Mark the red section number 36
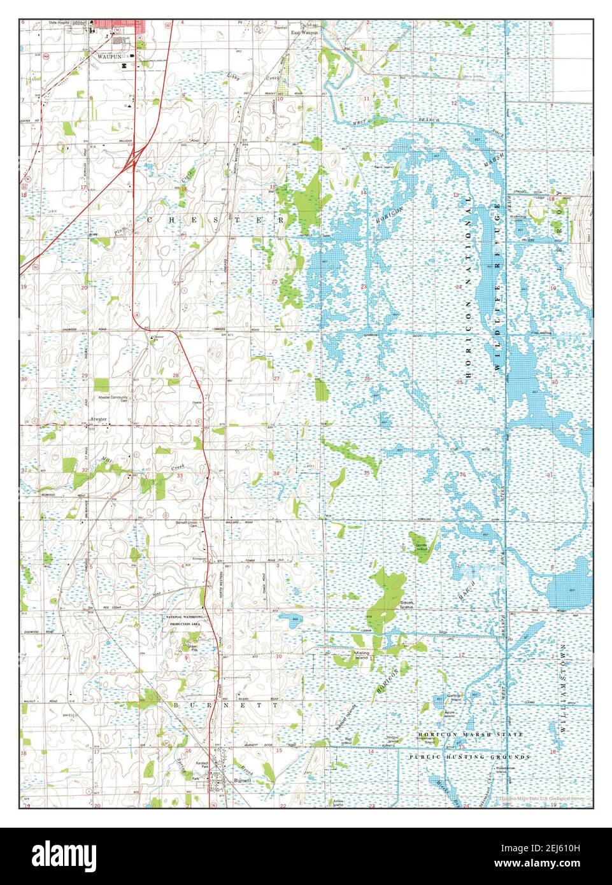pos(462,474)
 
